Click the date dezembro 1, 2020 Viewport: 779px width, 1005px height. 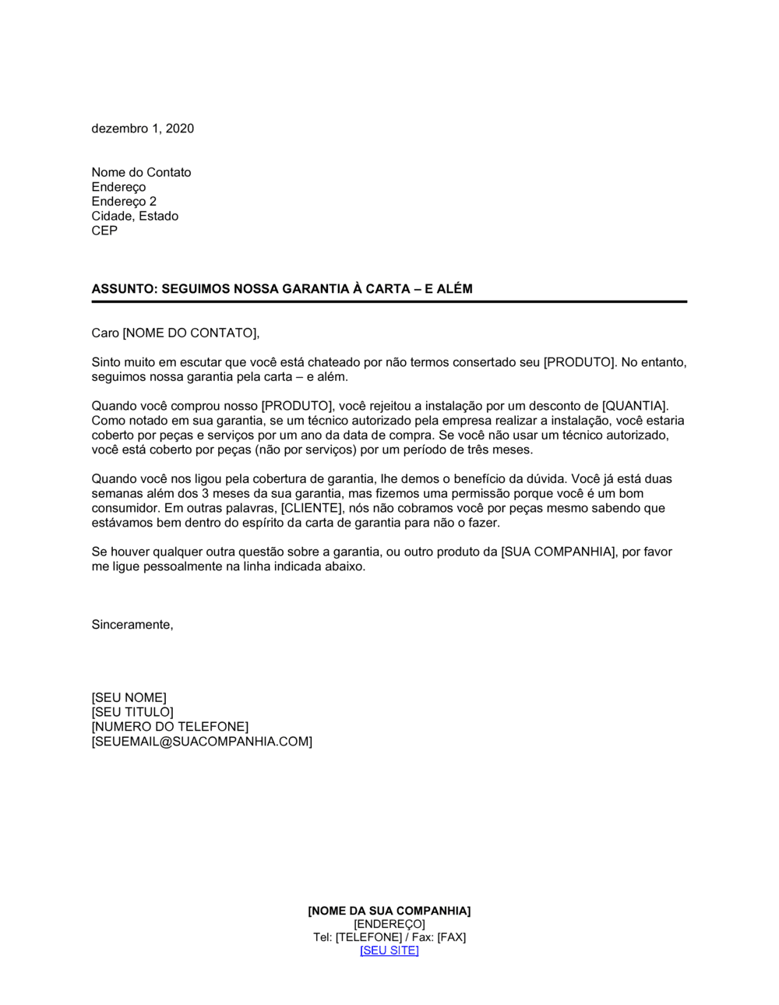tap(143, 129)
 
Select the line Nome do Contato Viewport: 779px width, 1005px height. tap(141, 172)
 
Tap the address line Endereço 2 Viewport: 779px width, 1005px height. tap(124, 201)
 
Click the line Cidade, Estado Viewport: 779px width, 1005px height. tap(135, 216)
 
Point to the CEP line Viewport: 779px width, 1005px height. tap(104, 231)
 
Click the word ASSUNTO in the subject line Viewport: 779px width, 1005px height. tap(123, 289)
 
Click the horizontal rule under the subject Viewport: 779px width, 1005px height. tap(389, 301)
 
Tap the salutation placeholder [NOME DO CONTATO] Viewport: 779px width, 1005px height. tap(189, 333)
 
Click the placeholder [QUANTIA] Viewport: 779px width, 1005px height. tap(634, 406)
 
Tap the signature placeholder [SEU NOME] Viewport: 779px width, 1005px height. tap(129, 697)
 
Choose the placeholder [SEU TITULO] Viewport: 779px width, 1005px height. tap(132, 712)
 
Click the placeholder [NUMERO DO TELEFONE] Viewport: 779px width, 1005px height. tap(170, 727)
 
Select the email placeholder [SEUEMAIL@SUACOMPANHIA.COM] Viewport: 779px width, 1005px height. tap(202, 742)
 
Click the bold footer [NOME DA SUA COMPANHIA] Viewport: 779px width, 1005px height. tap(389, 911)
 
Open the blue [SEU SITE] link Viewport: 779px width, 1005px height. tap(389, 950)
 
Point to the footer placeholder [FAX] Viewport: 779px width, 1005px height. tap(452, 937)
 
